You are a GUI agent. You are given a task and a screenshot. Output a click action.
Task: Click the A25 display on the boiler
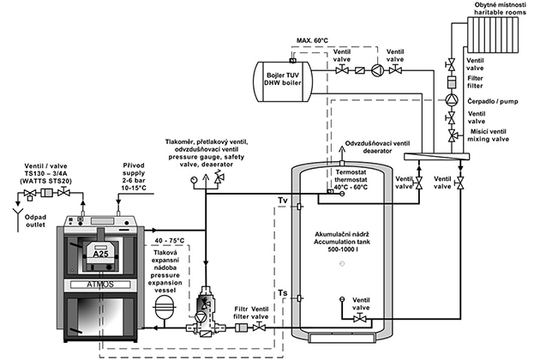pos(99,252)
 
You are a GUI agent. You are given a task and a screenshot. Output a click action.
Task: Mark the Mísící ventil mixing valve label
pos(489,134)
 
